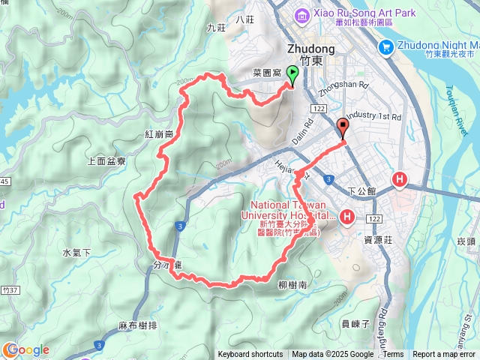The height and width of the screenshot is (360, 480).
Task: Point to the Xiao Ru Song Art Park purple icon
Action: pyautogui.click(x=300, y=14)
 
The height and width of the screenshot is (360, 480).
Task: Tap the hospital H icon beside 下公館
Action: pyautogui.click(x=400, y=180)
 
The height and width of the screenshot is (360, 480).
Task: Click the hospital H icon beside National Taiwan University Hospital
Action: pyautogui.click(x=347, y=217)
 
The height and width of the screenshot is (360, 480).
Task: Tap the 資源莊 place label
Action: pyautogui.click(x=379, y=240)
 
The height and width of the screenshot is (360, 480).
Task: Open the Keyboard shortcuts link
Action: pyautogui.click(x=250, y=355)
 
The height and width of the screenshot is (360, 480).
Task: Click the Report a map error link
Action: pyautogui.click(x=444, y=355)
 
